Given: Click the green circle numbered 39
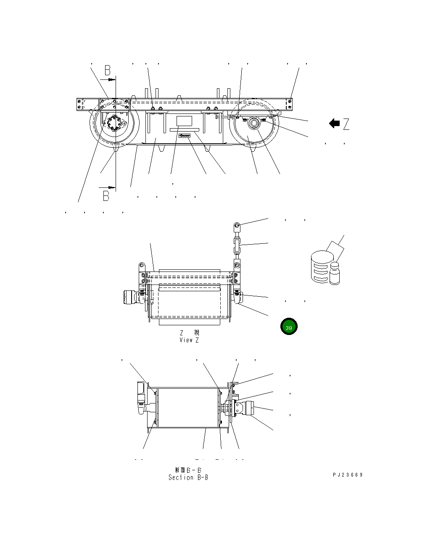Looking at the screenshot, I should click(289, 327).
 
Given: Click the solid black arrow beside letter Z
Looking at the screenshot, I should click(335, 124).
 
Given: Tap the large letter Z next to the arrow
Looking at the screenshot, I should click(346, 124).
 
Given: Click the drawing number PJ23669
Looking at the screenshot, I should click(347, 475).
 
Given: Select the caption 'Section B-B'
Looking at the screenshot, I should click(188, 477).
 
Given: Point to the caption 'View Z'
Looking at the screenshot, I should click(189, 340).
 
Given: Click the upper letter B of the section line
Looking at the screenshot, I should click(108, 70).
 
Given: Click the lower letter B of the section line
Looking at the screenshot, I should click(106, 195).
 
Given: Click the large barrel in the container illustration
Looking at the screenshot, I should click(321, 267).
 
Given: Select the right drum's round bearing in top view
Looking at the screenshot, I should click(254, 124).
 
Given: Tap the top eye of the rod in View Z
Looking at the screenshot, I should click(237, 226).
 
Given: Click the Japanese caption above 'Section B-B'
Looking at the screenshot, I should click(187, 469).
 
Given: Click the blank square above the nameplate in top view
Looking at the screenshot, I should click(184, 121).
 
